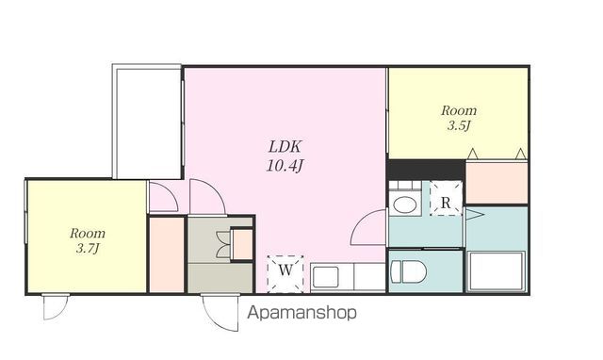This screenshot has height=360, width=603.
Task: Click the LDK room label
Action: click(x=285, y=146)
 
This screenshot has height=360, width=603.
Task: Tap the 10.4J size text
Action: click(x=285, y=166)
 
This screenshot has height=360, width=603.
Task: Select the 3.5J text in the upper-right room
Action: click(x=459, y=125)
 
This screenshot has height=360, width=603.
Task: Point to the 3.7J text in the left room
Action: click(x=88, y=249)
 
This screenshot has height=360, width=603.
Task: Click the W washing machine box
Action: click(x=285, y=274)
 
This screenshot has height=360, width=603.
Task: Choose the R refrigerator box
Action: click(x=446, y=198)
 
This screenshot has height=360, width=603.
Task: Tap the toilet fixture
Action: click(x=408, y=271)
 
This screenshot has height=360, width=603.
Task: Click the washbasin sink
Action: click(x=404, y=205)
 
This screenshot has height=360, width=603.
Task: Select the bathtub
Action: click(x=497, y=271)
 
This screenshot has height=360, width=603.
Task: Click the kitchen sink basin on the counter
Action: click(x=325, y=277)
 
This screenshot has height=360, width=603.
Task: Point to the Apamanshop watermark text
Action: click(x=301, y=313)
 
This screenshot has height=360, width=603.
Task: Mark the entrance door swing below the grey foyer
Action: click(x=220, y=312)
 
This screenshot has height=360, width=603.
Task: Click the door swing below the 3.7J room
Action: click(x=56, y=306)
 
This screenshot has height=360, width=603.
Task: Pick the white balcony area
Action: click(x=148, y=122)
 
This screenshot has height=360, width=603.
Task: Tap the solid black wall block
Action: click(x=426, y=170)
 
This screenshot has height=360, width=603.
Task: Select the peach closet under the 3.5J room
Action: click(x=497, y=182)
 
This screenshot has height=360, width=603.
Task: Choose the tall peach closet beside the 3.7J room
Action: click(x=167, y=254)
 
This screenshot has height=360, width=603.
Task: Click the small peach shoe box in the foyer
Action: click(x=242, y=244)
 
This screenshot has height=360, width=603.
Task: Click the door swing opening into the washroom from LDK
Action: click(x=368, y=227)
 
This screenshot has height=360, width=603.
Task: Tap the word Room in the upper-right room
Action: click(x=459, y=111)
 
